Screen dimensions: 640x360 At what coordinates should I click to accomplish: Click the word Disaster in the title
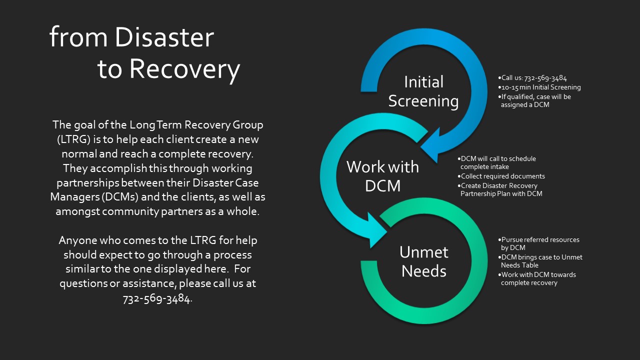(164, 37)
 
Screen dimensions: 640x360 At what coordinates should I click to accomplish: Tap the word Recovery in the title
(184, 70)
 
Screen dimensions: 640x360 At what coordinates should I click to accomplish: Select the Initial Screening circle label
(423, 91)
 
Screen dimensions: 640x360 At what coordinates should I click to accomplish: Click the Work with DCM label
(382, 176)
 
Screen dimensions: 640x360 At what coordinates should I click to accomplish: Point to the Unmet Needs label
(423, 261)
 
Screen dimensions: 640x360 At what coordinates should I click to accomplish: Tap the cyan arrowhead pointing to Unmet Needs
(376, 231)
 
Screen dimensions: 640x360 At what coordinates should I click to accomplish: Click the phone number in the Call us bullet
(545, 77)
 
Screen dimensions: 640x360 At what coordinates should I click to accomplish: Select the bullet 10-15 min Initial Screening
(539, 87)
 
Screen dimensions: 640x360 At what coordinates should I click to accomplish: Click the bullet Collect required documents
(501, 176)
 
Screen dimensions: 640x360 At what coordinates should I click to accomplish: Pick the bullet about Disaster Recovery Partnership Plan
(499, 189)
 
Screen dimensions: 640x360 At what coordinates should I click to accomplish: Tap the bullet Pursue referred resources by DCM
(538, 243)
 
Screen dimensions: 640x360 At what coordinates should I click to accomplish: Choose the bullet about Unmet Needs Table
(540, 261)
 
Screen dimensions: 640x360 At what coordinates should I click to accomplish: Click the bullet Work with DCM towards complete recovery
(537, 278)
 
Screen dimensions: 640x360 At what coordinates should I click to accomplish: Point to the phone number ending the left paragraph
(156, 299)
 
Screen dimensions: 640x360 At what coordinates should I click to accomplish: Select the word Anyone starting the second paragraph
(77, 240)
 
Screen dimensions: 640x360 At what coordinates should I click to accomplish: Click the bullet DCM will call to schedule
(496, 162)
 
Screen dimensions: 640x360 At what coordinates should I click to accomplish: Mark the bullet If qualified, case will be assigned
(534, 100)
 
